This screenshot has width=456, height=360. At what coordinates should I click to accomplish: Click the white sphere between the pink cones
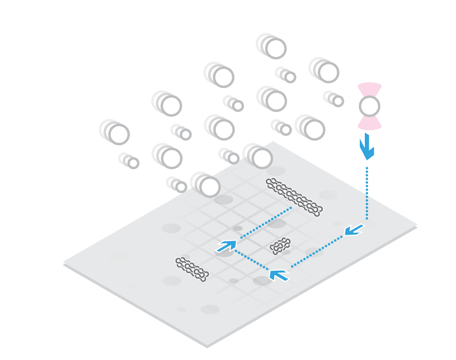point(369,106)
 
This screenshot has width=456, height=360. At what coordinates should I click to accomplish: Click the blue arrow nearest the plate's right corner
point(354,230)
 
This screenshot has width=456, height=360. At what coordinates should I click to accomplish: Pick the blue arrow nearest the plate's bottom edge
point(279,275)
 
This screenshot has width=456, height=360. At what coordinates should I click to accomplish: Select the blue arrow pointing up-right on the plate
point(227,246)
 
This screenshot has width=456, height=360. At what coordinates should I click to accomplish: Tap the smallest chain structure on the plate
point(280,246)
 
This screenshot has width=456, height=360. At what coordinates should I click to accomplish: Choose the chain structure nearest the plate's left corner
point(192,269)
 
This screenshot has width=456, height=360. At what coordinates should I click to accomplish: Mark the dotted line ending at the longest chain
point(267,222)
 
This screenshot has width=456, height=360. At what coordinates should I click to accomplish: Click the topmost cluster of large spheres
point(271,46)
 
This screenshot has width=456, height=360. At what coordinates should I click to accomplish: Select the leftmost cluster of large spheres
point(114,132)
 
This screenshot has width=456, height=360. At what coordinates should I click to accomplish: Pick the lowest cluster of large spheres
point(205,185)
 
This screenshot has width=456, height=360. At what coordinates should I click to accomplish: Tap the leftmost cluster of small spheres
point(129,160)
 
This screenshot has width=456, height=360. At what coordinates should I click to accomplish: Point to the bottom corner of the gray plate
point(208,346)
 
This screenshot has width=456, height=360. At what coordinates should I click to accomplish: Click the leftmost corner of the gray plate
point(63,263)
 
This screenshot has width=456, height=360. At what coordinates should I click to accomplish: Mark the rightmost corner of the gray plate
point(417,225)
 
